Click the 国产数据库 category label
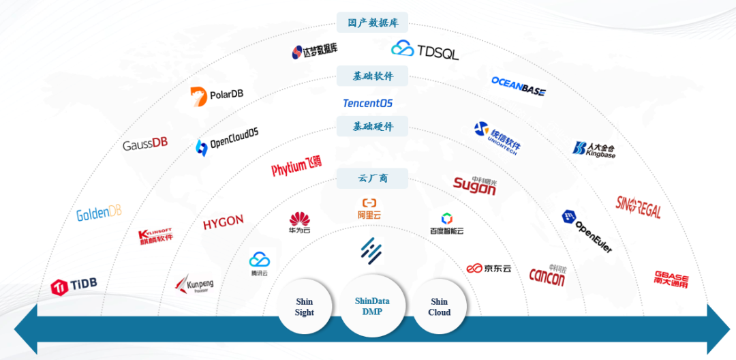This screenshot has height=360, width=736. [x=373, y=22]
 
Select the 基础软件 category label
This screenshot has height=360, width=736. [x=373, y=76]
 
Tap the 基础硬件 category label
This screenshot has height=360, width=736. [x=373, y=126]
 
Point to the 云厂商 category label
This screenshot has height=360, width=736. [x=373, y=178]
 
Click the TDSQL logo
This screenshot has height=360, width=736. [x=425, y=50]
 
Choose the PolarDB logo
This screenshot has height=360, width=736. [x=217, y=97]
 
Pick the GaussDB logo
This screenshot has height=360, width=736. [x=145, y=145]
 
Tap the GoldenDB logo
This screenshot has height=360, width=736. [x=99, y=213]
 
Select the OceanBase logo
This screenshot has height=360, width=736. [x=519, y=86]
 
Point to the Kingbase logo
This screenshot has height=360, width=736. [x=594, y=149]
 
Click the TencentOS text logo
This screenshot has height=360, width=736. [x=368, y=104]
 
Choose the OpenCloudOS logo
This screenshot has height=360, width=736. [x=227, y=140]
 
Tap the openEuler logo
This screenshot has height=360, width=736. [x=587, y=230]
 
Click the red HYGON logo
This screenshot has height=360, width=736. [x=223, y=222]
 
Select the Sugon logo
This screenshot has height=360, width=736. [x=475, y=185]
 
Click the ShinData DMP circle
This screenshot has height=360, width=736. [x=373, y=307]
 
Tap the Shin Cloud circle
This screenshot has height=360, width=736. [x=440, y=307]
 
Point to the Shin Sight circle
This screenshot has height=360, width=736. [x=305, y=307]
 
